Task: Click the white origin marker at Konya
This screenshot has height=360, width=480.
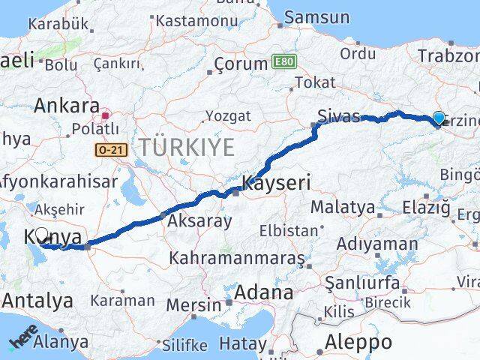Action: click(x=42, y=235)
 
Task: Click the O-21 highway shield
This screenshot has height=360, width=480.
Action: click(x=112, y=151)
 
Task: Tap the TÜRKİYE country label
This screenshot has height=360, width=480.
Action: click(x=184, y=146)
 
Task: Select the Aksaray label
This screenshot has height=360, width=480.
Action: click(x=199, y=220)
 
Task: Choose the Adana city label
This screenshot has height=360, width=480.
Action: click(x=264, y=292)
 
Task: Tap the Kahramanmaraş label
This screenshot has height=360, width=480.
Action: click(x=237, y=258)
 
